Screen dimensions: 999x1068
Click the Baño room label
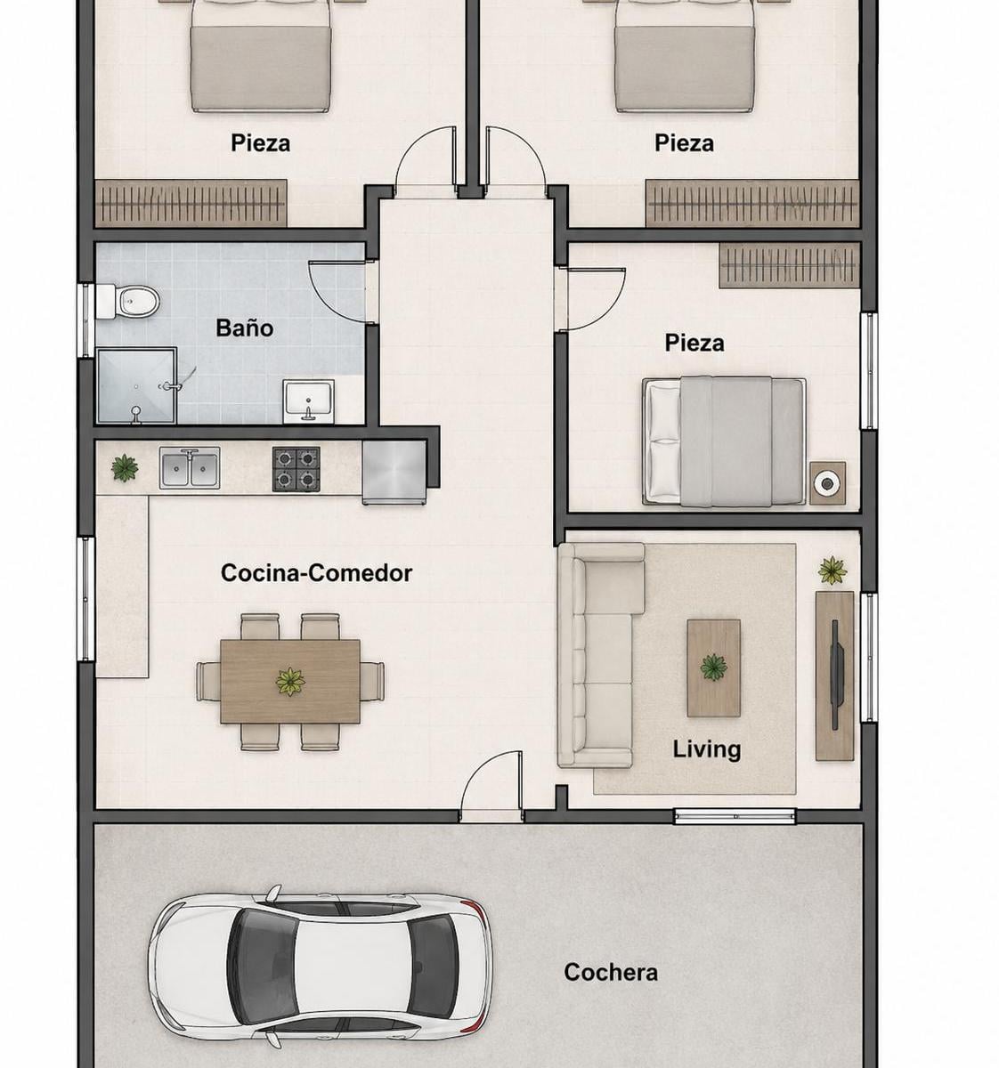click(244, 328)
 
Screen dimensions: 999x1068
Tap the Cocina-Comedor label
click(316, 573)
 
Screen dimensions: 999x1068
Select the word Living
click(707, 749)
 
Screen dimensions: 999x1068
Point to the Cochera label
click(611, 972)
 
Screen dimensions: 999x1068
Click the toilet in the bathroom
click(128, 301)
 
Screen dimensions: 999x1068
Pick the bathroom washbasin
click(308, 400)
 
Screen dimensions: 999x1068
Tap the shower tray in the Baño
click(137, 385)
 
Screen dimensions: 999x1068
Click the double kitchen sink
click(190, 468)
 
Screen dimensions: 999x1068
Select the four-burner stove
click(296, 469)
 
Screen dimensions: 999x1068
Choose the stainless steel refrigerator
click(394, 473)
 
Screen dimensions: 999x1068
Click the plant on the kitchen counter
click(125, 467)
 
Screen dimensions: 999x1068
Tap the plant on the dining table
click(290, 682)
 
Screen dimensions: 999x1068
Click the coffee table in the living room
click(714, 667)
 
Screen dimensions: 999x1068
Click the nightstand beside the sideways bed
click(827, 483)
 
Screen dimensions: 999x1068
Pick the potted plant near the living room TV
click(832, 570)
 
